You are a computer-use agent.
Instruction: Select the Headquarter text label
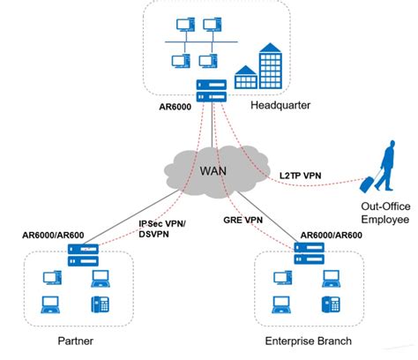coord(280,107)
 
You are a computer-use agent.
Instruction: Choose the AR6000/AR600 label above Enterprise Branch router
coord(332,236)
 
